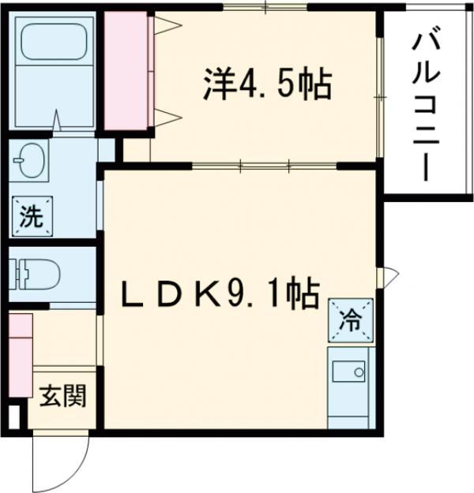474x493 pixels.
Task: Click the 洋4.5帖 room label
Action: click(266, 84)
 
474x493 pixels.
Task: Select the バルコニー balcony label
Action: click(423, 103)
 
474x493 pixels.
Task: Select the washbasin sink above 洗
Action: click(30, 161)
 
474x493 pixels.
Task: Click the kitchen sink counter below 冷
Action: click(348, 387)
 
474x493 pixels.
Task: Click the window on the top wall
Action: click(265, 8)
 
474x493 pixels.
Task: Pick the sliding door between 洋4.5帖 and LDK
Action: click(265, 165)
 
